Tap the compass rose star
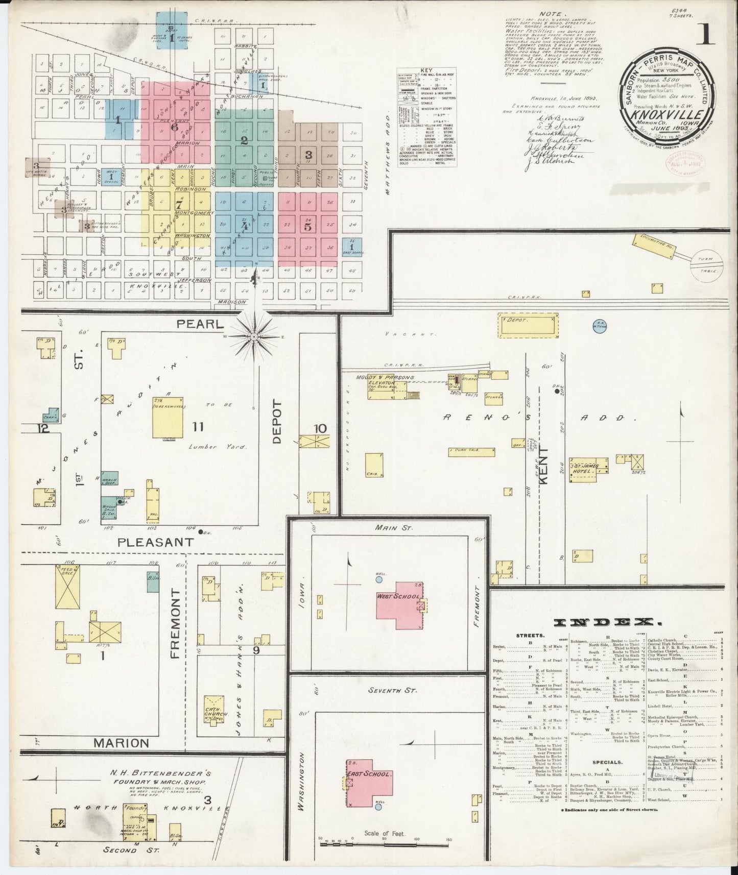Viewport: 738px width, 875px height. click(253, 337)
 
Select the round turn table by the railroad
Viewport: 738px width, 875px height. click(705, 265)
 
